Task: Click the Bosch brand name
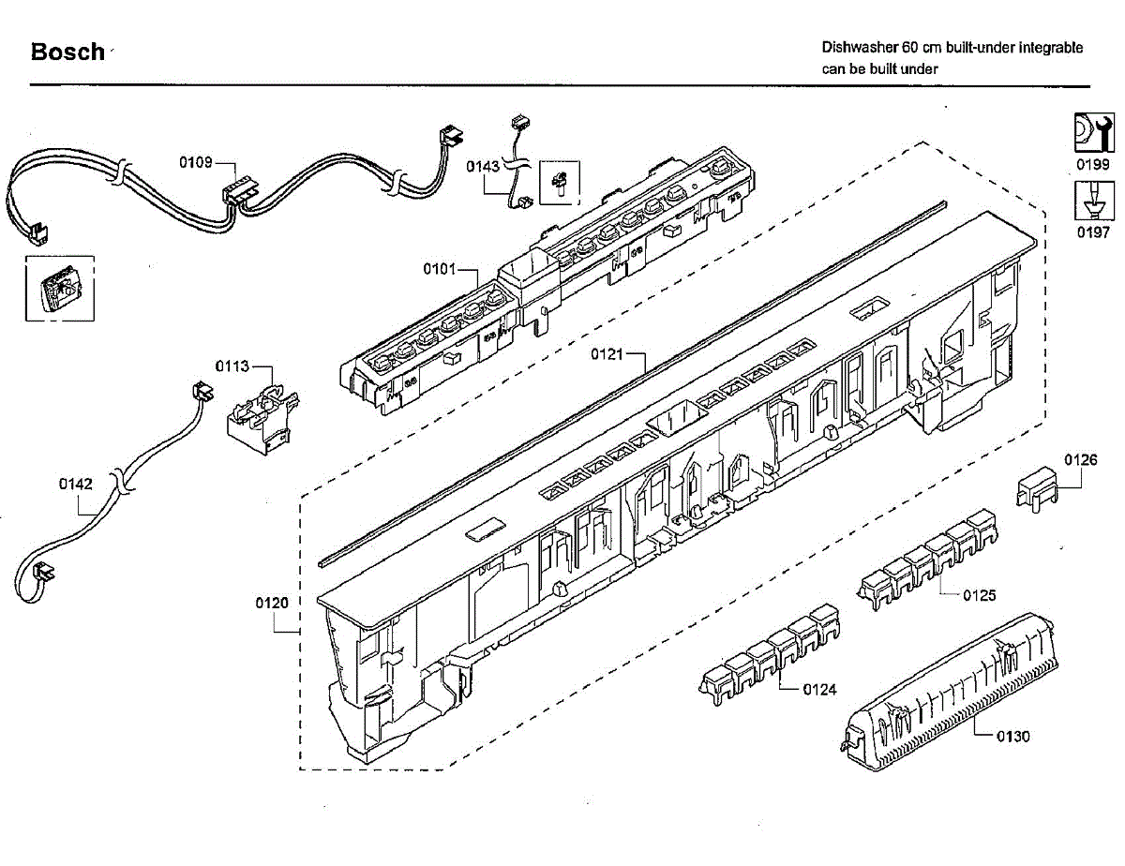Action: (67, 52)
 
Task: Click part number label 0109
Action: (196, 162)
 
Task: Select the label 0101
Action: (439, 270)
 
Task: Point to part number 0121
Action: (607, 354)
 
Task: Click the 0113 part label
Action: (232, 366)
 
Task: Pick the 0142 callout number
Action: (76, 485)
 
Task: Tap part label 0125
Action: (980, 595)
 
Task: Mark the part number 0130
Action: (1012, 736)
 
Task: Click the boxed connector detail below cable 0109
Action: (58, 288)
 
